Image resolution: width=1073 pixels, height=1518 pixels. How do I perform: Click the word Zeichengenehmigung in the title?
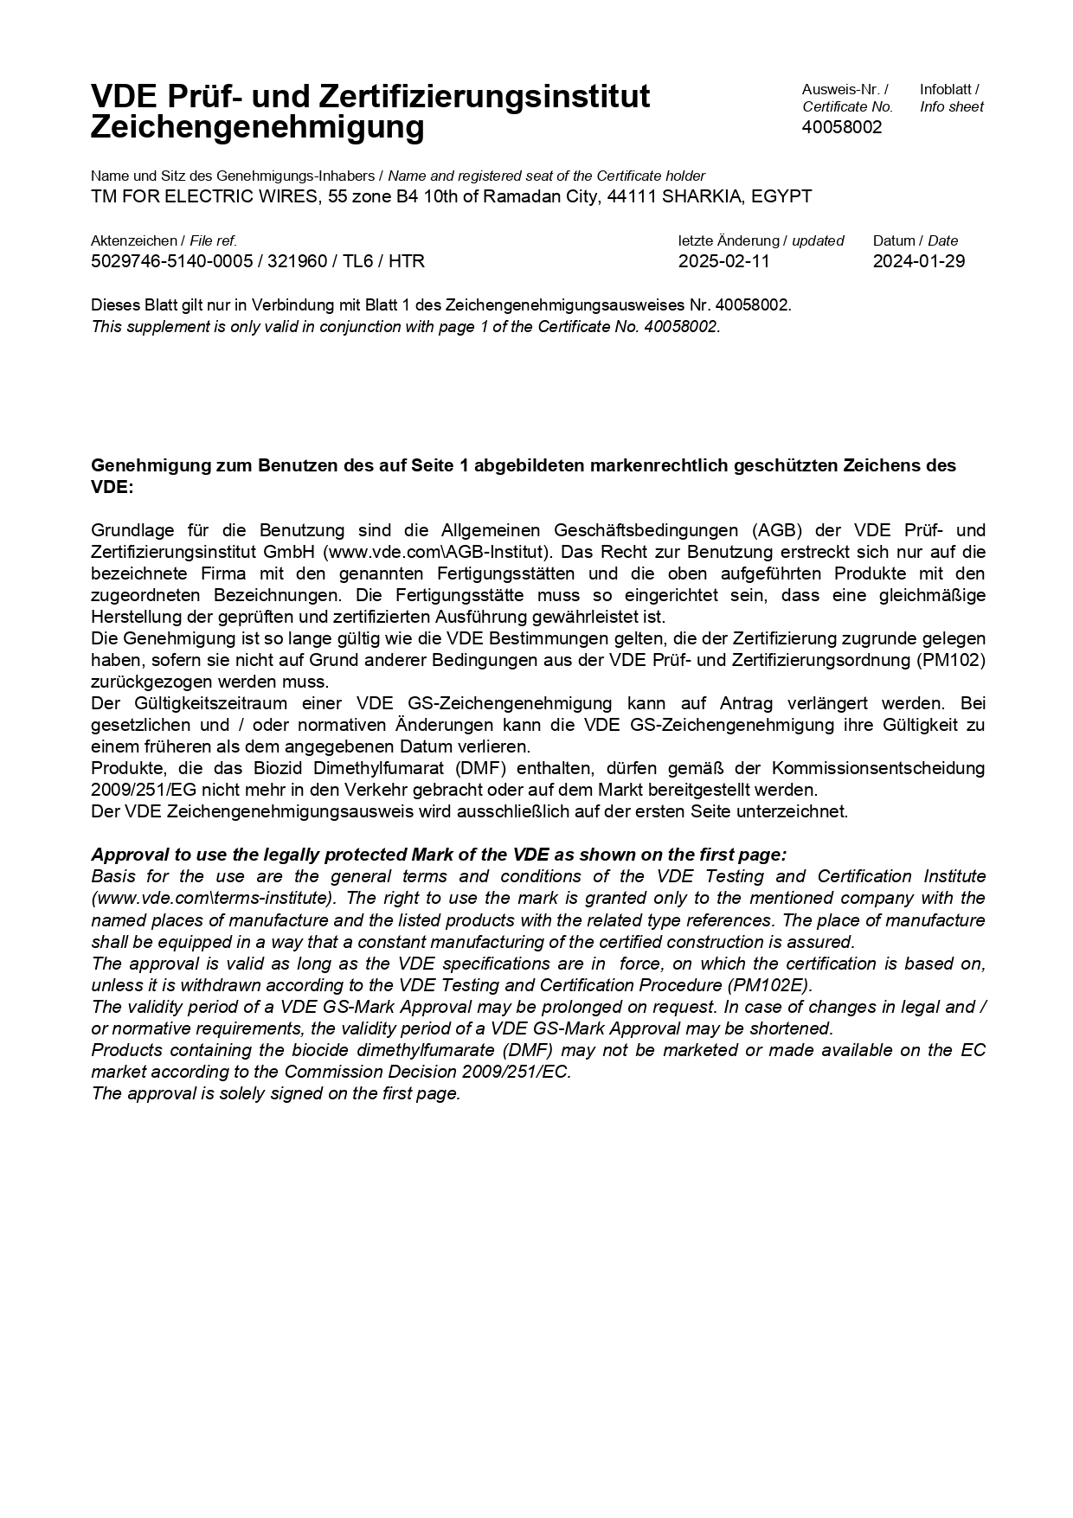coord(258,128)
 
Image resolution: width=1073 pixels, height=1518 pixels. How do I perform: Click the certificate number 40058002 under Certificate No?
coord(842,127)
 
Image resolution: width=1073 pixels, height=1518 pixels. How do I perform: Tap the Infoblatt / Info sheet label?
coord(951,98)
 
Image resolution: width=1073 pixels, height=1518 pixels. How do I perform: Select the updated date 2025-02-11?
coord(723,261)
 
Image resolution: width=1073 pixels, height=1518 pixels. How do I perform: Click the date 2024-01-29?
coord(918,261)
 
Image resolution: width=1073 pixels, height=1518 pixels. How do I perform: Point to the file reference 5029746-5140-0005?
coord(172,261)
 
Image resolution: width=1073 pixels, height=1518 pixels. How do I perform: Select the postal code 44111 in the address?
coord(632,196)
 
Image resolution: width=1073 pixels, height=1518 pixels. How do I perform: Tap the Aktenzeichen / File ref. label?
coord(164,240)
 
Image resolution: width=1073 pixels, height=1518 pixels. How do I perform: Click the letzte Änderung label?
coord(729,240)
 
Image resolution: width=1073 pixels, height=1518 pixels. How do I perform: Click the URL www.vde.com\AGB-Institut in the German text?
coord(435,552)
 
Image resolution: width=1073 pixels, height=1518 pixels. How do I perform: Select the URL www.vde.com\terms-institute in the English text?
coord(212,898)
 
